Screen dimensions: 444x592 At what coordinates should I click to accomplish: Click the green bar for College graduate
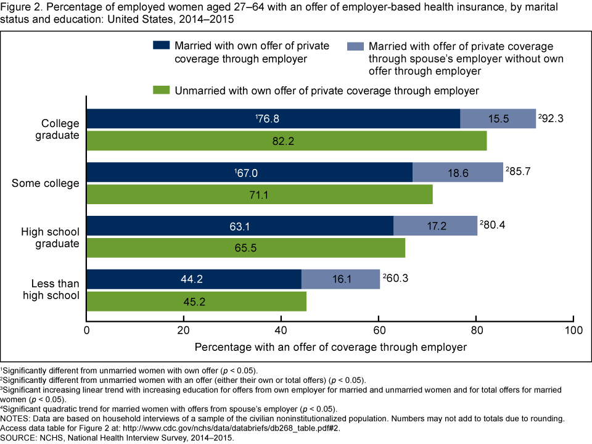[x=286, y=141]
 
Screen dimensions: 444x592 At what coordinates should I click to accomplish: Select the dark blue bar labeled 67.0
[x=249, y=173]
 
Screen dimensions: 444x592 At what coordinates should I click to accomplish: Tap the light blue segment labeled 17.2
[x=435, y=226]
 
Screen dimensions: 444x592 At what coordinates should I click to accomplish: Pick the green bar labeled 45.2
[x=196, y=302]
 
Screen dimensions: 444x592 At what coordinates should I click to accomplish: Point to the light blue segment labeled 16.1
[x=340, y=279]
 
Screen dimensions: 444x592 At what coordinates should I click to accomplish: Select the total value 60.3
[x=396, y=278]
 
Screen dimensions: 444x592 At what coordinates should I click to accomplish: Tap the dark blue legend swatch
[x=161, y=46]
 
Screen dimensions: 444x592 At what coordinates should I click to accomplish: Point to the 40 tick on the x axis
[x=281, y=330]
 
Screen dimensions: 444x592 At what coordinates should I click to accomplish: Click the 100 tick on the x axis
[x=573, y=330]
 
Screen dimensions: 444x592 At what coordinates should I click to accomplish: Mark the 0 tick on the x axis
[x=87, y=330]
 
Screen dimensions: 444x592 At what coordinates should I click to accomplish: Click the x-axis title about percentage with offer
[x=331, y=347]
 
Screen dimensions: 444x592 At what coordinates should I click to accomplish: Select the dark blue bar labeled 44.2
[x=194, y=279]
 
